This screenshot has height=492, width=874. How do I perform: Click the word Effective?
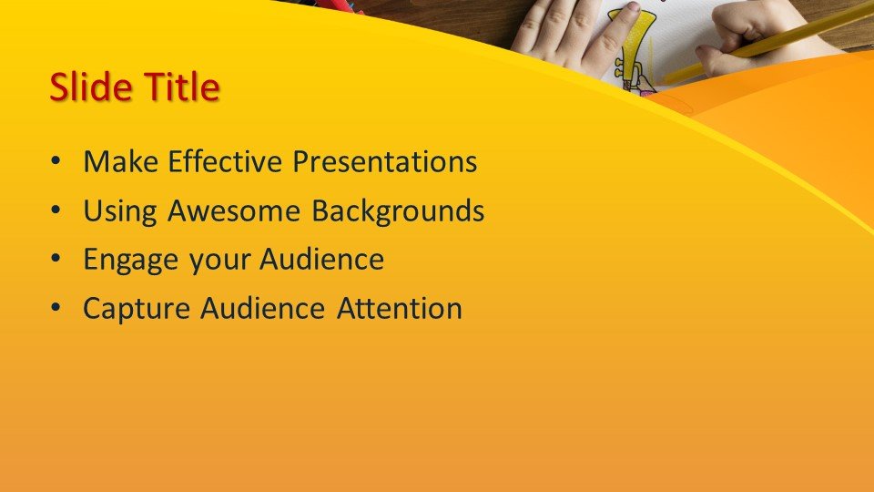coord(225,162)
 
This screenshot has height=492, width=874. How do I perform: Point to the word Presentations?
coord(384,162)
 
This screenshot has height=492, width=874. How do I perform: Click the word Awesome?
coord(234,210)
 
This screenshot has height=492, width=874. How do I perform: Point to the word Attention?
coord(399,308)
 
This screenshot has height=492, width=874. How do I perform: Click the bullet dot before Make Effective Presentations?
coord(56,162)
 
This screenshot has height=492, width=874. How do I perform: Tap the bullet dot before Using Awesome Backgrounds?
coord(56,210)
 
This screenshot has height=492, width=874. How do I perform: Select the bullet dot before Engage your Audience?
coord(56,260)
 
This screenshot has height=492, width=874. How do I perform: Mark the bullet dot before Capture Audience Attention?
coord(56,308)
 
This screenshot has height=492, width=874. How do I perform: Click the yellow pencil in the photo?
coord(769,46)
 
